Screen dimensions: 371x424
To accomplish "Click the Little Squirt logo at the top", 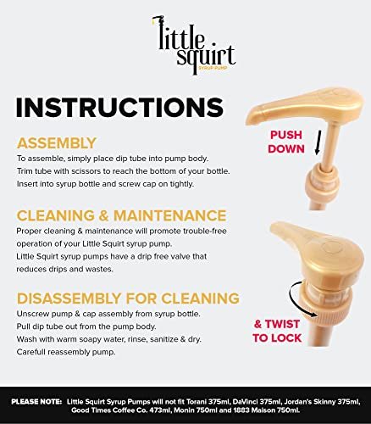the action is [194, 45].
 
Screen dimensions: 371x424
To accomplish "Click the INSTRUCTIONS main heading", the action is [119, 108].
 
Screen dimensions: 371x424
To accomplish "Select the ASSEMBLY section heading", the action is [57, 143].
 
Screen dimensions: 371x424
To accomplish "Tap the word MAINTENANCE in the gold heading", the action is [169, 215].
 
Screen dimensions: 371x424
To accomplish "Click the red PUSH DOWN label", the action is [286, 142].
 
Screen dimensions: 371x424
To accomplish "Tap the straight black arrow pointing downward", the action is [318, 142].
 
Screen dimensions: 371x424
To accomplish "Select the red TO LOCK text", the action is [277, 338].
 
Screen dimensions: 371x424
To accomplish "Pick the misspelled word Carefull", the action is [30, 352].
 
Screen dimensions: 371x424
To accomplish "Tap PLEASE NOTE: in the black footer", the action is [36, 402].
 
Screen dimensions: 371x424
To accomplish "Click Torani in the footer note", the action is [197, 402].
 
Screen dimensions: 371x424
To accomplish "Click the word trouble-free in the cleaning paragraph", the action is [205, 232].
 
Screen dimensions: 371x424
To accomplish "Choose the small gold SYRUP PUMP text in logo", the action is [213, 68].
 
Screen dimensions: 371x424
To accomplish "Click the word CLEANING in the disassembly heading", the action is [200, 298].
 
